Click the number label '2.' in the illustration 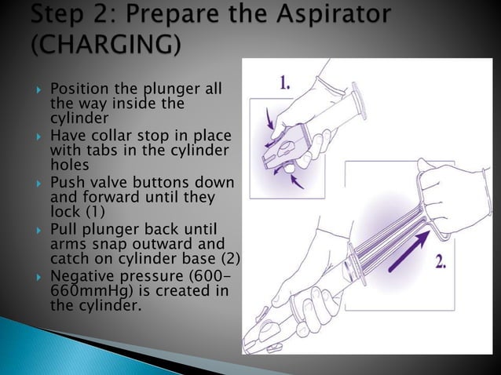(x=441, y=263)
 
